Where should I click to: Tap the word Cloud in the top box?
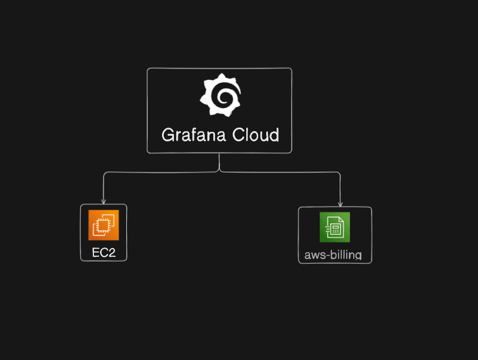[x=255, y=135]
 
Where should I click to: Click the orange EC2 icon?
[x=104, y=224]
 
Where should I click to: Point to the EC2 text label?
[x=104, y=252]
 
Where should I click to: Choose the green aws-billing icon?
[x=335, y=227]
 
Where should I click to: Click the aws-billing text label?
[x=333, y=255]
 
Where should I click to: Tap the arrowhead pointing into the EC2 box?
[x=104, y=202]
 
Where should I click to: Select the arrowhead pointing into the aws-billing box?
[x=340, y=204]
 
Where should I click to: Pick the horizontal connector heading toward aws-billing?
[x=281, y=172]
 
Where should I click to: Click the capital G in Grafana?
[x=169, y=135]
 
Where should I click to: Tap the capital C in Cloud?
[x=238, y=135]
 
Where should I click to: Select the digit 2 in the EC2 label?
[x=111, y=252]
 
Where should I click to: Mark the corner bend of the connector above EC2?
[x=104, y=174]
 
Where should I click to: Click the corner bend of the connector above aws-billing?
[x=340, y=174]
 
